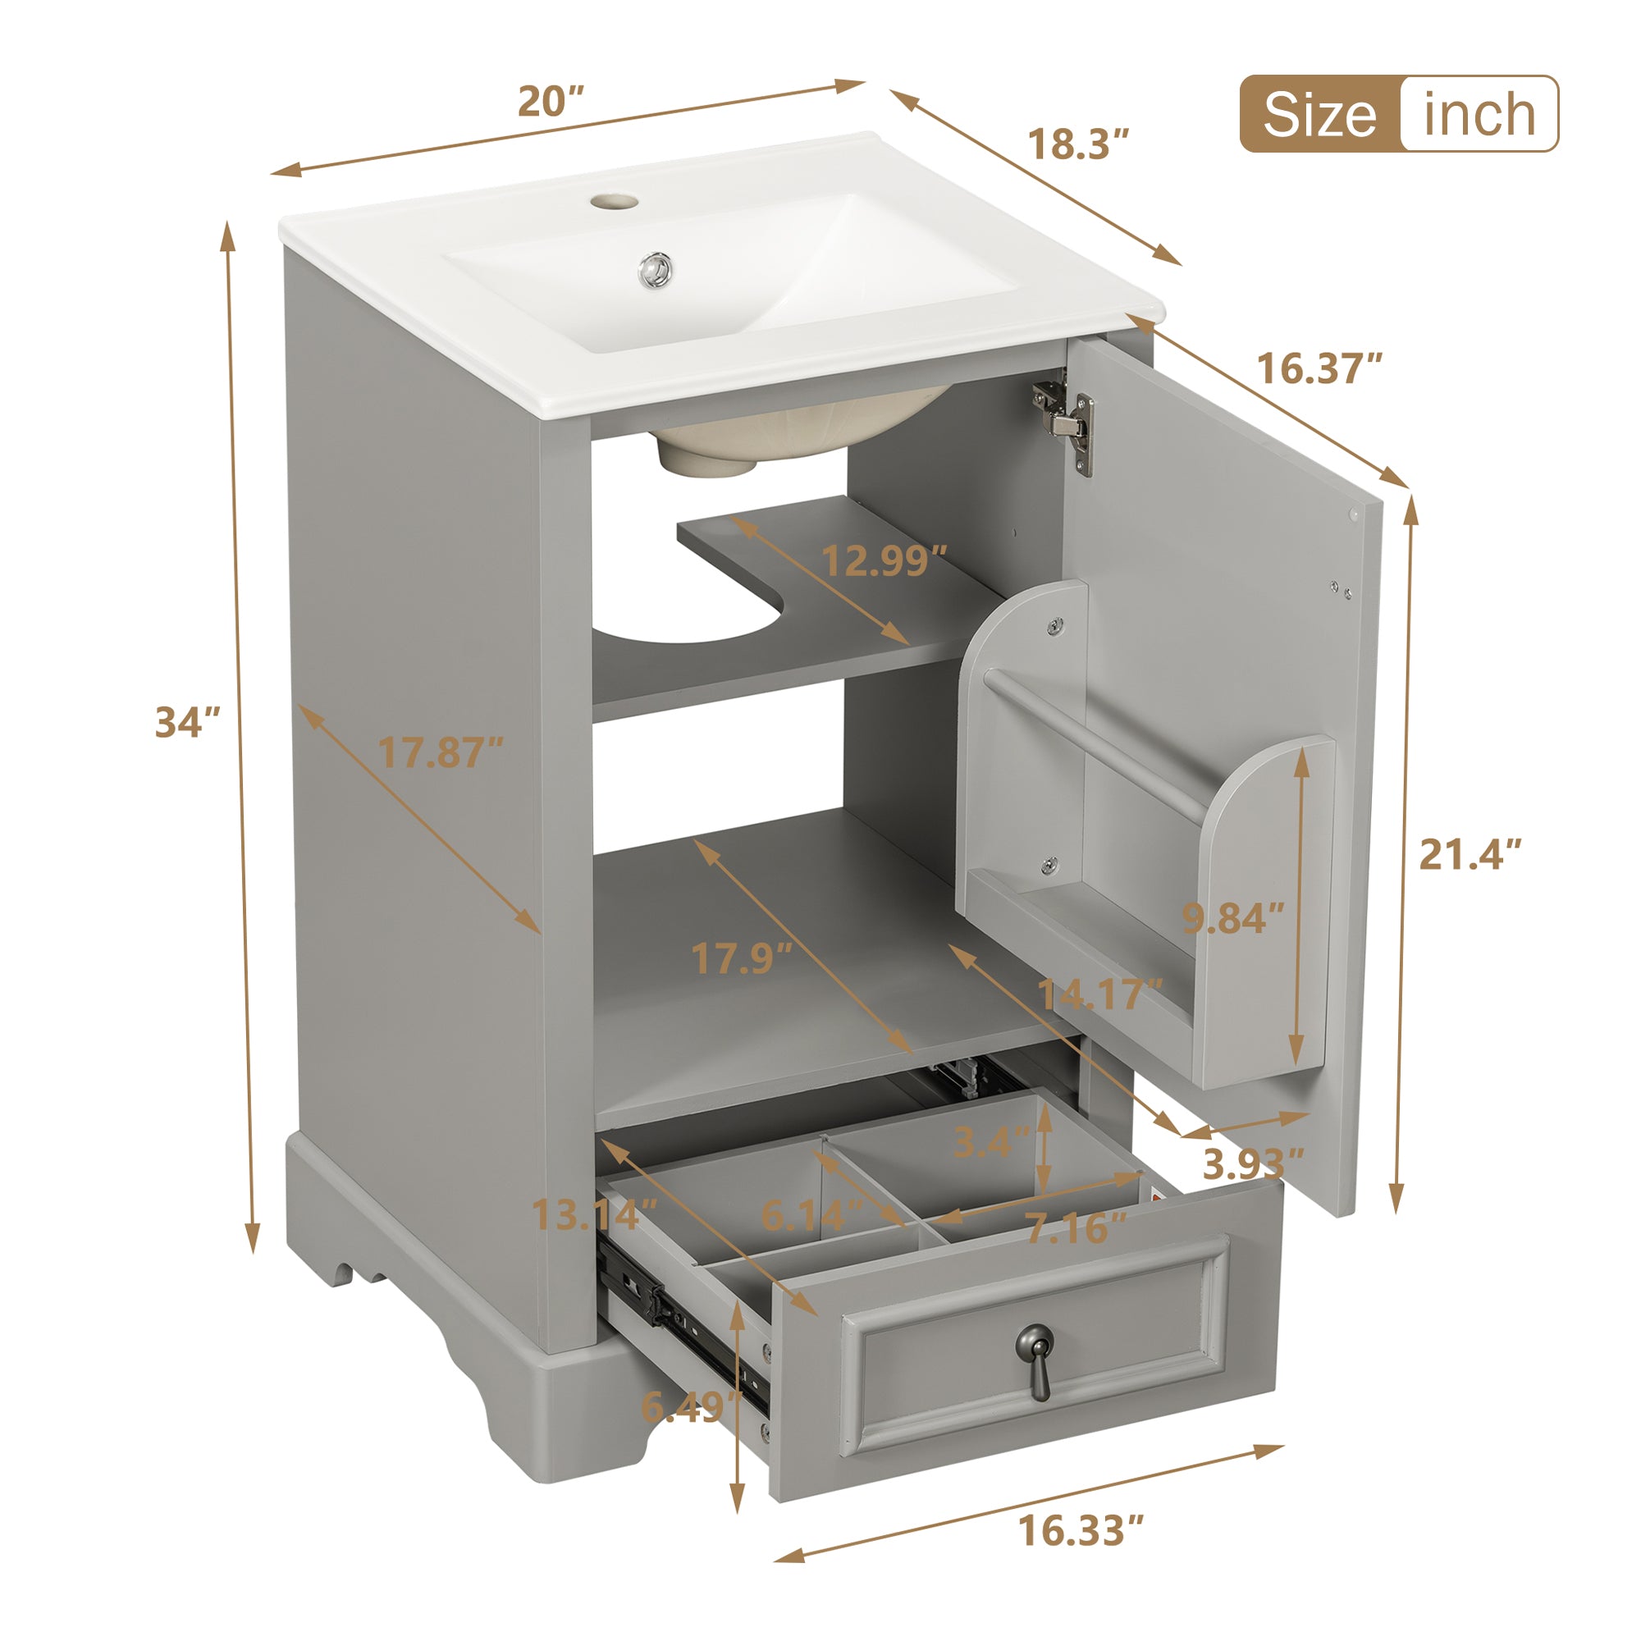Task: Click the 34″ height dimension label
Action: coord(188,723)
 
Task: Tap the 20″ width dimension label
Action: coord(551,102)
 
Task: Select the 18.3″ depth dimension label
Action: coord(1078,144)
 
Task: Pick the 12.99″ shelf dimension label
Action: coord(884,560)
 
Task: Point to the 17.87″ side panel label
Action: coord(440,752)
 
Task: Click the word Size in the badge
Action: coord(1319,115)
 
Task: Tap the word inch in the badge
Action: coord(1479,115)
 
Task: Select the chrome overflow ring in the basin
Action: coord(655,268)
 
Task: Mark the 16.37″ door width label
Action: coord(1319,368)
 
